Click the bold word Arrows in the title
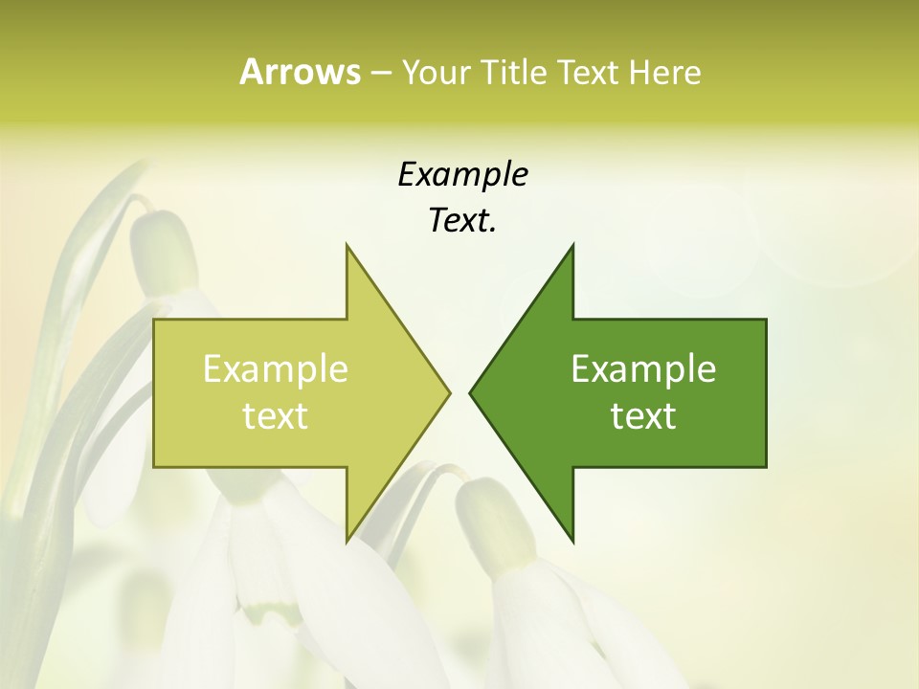(300, 72)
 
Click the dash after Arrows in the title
(380, 74)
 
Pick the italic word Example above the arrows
(462, 175)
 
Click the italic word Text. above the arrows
(462, 221)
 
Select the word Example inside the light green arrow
(276, 369)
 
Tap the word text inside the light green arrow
(276, 416)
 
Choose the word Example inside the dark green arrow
(643, 369)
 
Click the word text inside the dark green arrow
(643, 416)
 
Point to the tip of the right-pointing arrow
(449, 392)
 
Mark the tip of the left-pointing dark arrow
(470, 392)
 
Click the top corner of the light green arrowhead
(347, 245)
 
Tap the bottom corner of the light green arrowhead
(347, 541)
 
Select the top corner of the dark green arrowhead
(572, 245)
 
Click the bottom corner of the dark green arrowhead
(572, 541)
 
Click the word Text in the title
(590, 73)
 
